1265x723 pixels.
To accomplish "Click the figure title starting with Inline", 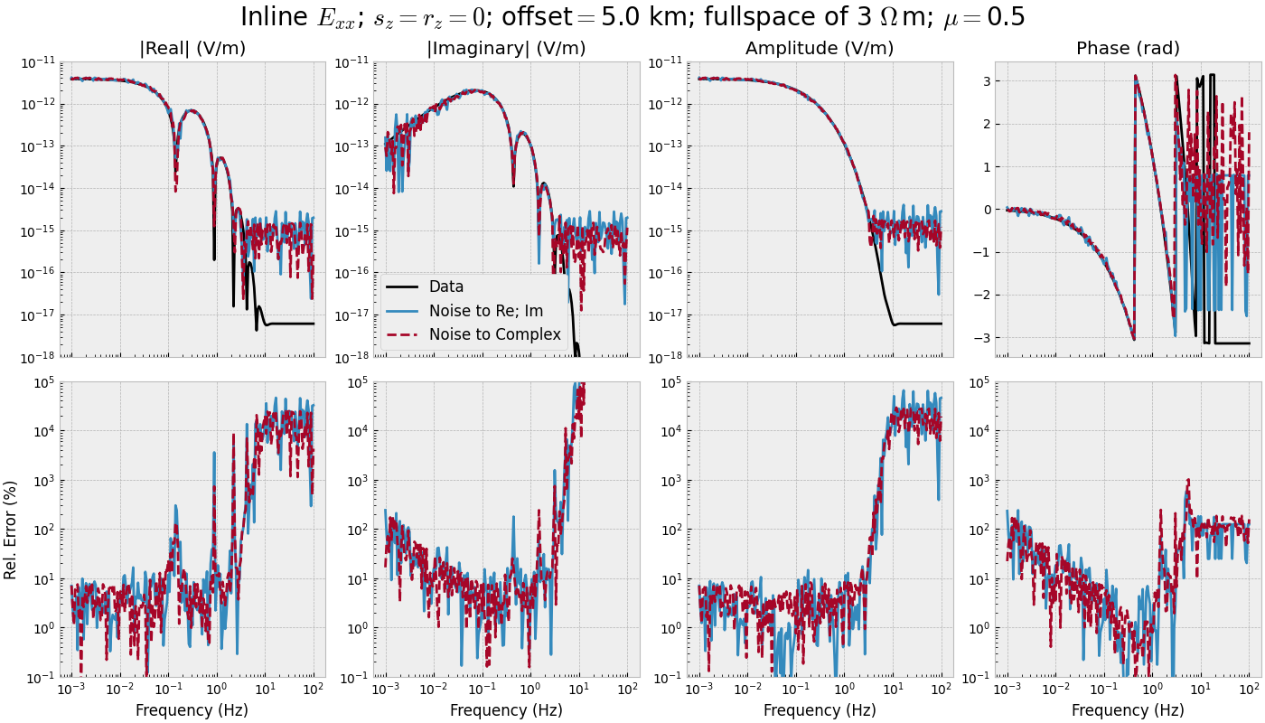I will (x=632, y=17).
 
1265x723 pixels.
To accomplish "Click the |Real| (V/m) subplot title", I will (x=192, y=49).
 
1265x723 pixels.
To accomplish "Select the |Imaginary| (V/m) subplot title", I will (x=506, y=49).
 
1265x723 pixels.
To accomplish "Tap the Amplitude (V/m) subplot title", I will (x=820, y=49).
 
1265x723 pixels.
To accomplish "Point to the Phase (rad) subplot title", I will (x=1128, y=49).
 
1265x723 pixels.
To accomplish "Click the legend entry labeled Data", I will (x=445, y=286).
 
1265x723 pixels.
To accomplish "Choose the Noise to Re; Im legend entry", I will (x=486, y=311).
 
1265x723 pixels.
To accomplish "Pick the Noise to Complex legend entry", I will (x=494, y=334).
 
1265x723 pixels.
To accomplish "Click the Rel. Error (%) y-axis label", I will (x=11, y=529).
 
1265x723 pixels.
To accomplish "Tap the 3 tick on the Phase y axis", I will (x=982, y=81).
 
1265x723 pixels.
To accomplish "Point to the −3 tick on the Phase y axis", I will (x=978, y=338).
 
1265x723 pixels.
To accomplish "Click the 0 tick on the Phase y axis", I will (x=982, y=210).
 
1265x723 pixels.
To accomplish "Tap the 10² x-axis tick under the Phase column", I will (x=1249, y=690).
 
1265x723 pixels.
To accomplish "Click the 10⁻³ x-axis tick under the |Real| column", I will (x=71, y=690).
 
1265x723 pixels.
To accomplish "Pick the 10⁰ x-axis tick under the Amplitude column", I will (x=845, y=690).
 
